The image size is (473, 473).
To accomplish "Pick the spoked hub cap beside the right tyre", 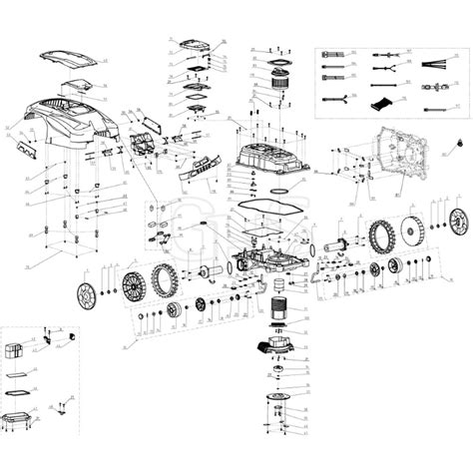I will pyautogui.click(x=460, y=223).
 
